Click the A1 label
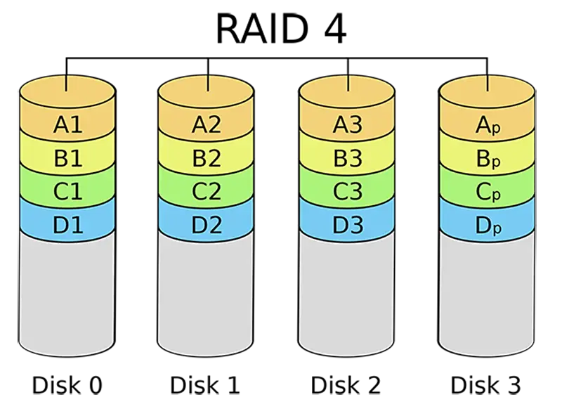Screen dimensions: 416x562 67,126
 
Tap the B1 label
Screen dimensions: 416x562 67,158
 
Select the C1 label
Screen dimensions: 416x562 67,191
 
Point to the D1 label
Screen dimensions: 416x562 67,224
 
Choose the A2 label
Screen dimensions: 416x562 207,126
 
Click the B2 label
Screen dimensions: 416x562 207,158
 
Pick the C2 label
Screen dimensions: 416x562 207,191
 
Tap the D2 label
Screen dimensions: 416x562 207,224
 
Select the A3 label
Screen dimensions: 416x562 347,126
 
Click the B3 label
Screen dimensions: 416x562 347,158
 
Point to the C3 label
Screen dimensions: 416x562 347,191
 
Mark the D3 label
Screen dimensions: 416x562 347,224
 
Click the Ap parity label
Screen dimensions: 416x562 488,126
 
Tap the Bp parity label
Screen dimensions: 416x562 488,159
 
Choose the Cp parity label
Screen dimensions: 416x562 488,191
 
